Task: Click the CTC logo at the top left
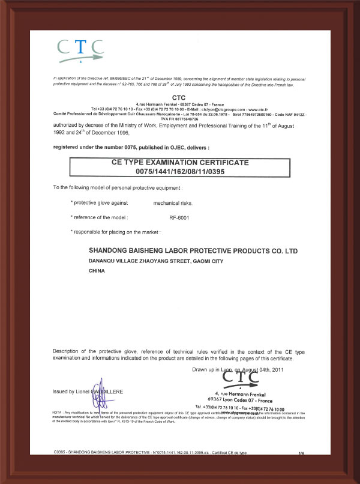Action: click(x=80, y=50)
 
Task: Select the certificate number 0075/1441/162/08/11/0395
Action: click(x=181, y=171)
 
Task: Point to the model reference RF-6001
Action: click(x=179, y=217)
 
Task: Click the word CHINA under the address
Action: click(x=97, y=271)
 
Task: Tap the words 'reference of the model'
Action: click(x=100, y=217)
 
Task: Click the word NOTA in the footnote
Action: click(x=57, y=413)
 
